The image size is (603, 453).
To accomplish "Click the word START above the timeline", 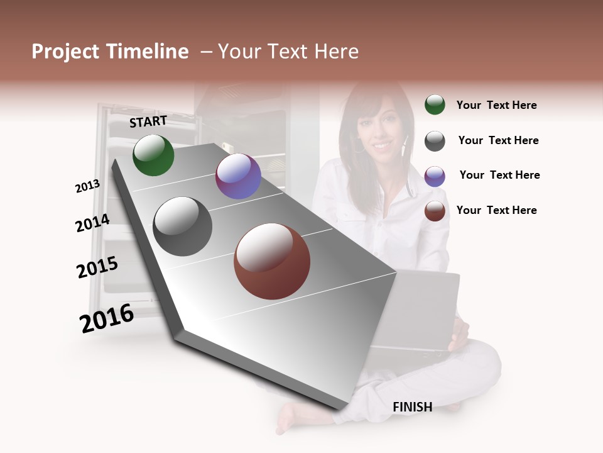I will [x=148, y=121].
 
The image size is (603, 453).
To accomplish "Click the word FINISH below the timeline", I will [x=413, y=407].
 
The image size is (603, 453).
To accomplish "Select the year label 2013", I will [x=87, y=186].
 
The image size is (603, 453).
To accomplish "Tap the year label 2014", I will [x=93, y=223].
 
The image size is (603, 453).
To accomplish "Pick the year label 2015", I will [x=97, y=268].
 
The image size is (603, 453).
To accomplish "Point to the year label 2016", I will [x=107, y=318].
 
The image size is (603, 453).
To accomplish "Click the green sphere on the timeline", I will [x=153, y=155].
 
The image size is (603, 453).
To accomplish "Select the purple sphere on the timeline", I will [x=238, y=176].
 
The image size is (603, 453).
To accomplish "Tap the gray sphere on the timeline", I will [x=183, y=226].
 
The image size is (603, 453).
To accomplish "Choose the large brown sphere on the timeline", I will [x=272, y=261].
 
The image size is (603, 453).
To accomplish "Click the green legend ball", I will [x=435, y=105].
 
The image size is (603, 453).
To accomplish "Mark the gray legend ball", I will [x=435, y=140].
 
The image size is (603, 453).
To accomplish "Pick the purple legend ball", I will [x=435, y=176].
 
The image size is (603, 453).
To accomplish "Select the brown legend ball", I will [x=435, y=211].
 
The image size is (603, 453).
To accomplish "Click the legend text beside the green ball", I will [x=496, y=105].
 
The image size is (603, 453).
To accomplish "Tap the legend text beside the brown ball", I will [x=496, y=210].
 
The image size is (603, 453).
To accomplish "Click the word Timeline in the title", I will [x=148, y=52].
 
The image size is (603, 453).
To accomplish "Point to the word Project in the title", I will [x=67, y=52].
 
